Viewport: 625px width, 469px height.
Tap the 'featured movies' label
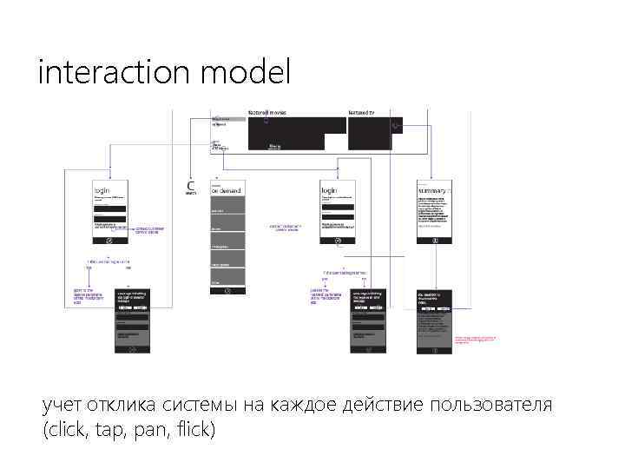coord(266,113)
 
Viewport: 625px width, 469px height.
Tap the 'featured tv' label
coord(361,113)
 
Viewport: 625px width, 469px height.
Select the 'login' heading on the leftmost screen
coord(102,189)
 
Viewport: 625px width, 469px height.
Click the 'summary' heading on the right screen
coord(433,190)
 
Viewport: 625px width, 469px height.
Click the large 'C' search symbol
coord(191,185)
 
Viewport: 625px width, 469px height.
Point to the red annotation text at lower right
coord(477,338)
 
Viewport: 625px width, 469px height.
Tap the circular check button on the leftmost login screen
coord(109,239)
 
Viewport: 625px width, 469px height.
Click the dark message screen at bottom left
coord(133,321)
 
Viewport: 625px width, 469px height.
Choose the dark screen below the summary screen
coord(435,321)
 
